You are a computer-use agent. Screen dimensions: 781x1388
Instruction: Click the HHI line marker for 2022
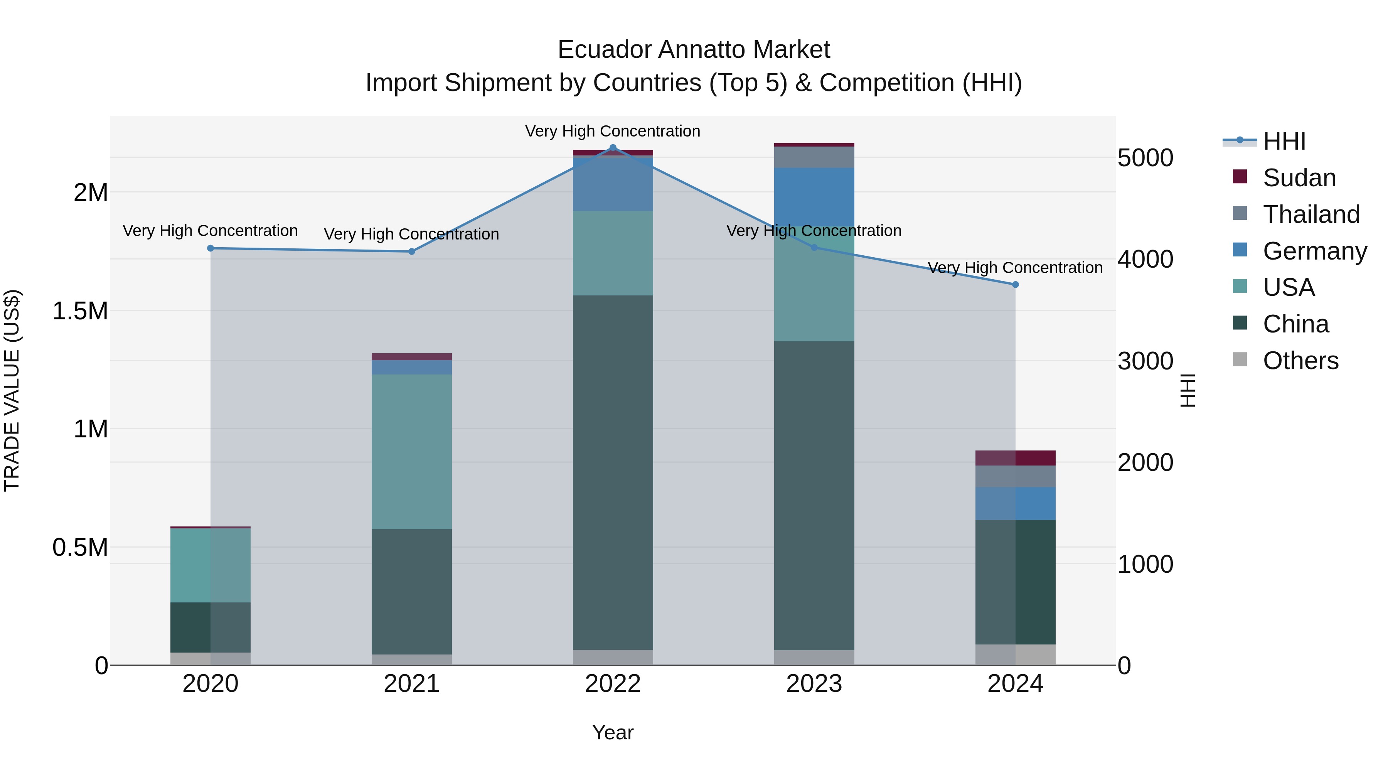[x=613, y=148]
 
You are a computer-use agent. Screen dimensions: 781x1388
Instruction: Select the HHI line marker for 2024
[x=1015, y=285]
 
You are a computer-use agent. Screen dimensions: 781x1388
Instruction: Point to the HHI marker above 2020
[x=211, y=248]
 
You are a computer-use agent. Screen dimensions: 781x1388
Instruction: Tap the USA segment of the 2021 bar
[x=412, y=452]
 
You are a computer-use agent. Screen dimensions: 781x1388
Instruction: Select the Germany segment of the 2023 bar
[x=814, y=197]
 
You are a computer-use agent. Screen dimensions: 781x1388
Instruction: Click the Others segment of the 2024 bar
[x=1015, y=655]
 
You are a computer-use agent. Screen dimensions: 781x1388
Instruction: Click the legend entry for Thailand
[x=1311, y=214]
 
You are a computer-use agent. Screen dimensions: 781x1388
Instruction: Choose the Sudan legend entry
[x=1299, y=178]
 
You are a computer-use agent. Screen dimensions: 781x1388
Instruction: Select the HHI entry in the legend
[x=1284, y=141]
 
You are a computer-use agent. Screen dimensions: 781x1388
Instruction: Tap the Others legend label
[x=1300, y=361]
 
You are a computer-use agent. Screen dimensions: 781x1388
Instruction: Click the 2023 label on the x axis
[x=814, y=684]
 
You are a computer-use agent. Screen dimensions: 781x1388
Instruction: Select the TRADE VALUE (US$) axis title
[x=12, y=390]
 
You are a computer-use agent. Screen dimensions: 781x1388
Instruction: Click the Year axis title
[x=613, y=732]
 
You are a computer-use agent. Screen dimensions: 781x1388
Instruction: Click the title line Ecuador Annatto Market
[x=694, y=50]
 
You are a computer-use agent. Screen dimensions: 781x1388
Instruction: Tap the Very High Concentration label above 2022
[x=613, y=131]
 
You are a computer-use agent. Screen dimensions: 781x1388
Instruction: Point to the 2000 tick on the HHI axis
[x=1145, y=462]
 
